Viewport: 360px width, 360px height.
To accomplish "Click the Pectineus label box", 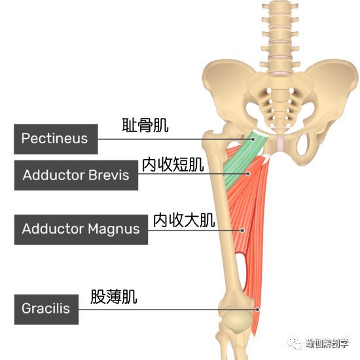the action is [x=56, y=139].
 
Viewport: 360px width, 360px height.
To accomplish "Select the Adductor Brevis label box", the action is [x=76, y=175].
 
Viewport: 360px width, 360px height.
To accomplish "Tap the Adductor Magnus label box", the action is [x=81, y=230].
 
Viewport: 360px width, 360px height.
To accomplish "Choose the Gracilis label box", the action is [x=46, y=309].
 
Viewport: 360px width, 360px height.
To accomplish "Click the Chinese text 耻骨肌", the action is [x=145, y=126].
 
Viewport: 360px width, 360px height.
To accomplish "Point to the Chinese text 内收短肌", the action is [x=173, y=164].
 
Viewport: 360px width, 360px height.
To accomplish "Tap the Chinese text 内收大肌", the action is [x=184, y=220].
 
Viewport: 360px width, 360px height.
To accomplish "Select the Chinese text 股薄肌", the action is [x=114, y=297].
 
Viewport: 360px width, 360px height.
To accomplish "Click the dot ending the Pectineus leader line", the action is [x=253, y=139].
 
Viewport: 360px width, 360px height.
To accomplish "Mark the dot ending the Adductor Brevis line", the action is [x=248, y=174].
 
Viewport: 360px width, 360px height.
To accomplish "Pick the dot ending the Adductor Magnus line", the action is [x=242, y=230].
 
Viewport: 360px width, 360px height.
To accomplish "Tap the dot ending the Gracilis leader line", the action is [x=257, y=310].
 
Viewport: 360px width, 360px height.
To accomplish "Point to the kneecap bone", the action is [x=238, y=321].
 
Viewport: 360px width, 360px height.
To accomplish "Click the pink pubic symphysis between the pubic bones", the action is [x=280, y=143].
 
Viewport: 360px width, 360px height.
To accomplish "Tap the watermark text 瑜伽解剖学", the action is [x=327, y=344].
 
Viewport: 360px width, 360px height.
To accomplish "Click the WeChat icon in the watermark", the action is [x=295, y=344].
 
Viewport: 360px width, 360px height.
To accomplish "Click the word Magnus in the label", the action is [x=114, y=230].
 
